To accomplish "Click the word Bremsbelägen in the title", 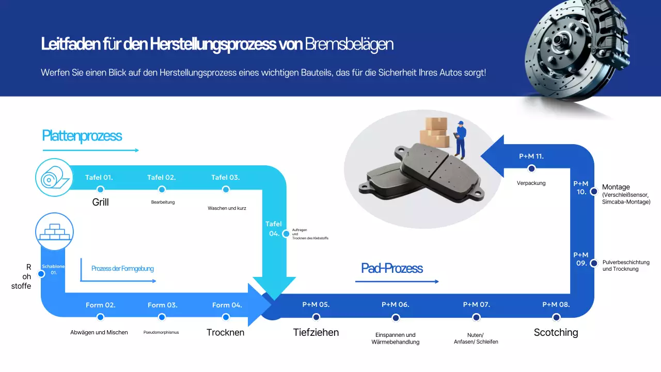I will pos(349,44).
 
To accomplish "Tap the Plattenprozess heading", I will pos(82,136).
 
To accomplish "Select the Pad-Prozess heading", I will pos(392,268).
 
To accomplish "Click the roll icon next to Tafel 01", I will pos(54,178).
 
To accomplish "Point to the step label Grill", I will pos(100,202).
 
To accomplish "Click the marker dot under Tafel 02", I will pos(162,190).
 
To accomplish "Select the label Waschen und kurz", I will pos(227,208).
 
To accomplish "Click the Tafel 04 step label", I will pos(274,228).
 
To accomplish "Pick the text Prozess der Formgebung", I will pos(122,269).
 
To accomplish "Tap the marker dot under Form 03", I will pos(162,317).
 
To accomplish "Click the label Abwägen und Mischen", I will pos(99,332).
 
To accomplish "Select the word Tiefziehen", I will pos(316,332).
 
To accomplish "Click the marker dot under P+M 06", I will pos(396,318).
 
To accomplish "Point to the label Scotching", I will pos(556,332).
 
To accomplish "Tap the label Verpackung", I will pos(531,183).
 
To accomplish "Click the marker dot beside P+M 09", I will pos(594,263).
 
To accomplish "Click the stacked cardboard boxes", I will pos(434,132).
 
